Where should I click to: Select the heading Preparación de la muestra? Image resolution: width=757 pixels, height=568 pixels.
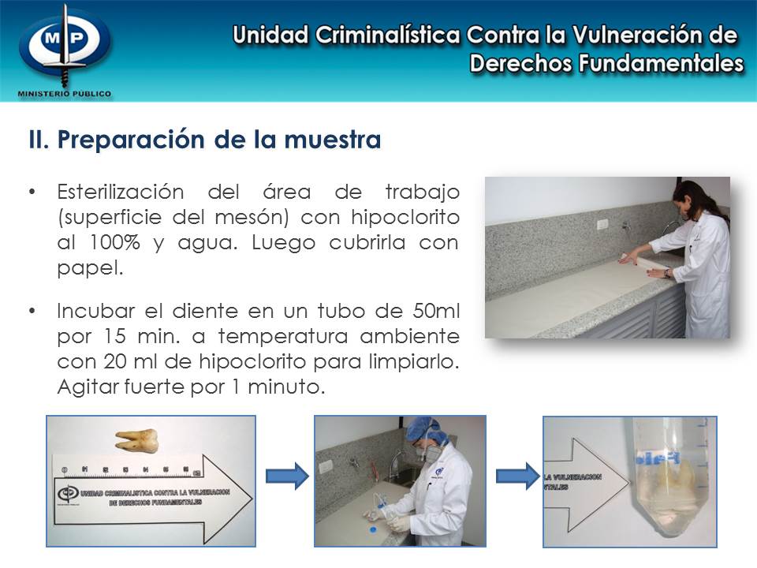pos(204,140)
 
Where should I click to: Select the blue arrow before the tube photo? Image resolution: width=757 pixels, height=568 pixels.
pos(516,476)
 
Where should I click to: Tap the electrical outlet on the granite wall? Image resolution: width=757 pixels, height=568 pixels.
pos(602,224)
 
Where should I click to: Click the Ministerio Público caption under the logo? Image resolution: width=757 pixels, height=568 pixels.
pos(65,93)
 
